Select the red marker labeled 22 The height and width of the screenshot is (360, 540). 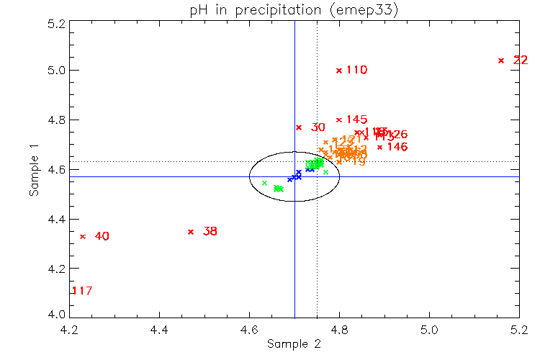501,60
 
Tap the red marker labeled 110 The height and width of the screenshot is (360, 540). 339,70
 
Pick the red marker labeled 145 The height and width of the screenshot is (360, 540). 339,120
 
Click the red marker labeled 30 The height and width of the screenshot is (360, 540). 299,127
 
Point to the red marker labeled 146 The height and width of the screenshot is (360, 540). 380,147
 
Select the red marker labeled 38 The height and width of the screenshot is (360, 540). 191,232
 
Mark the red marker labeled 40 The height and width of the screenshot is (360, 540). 83,236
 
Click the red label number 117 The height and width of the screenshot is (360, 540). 81,291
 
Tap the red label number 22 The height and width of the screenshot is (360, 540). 521,60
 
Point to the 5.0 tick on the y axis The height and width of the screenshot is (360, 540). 58,71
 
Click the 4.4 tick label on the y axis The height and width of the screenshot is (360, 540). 58,219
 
